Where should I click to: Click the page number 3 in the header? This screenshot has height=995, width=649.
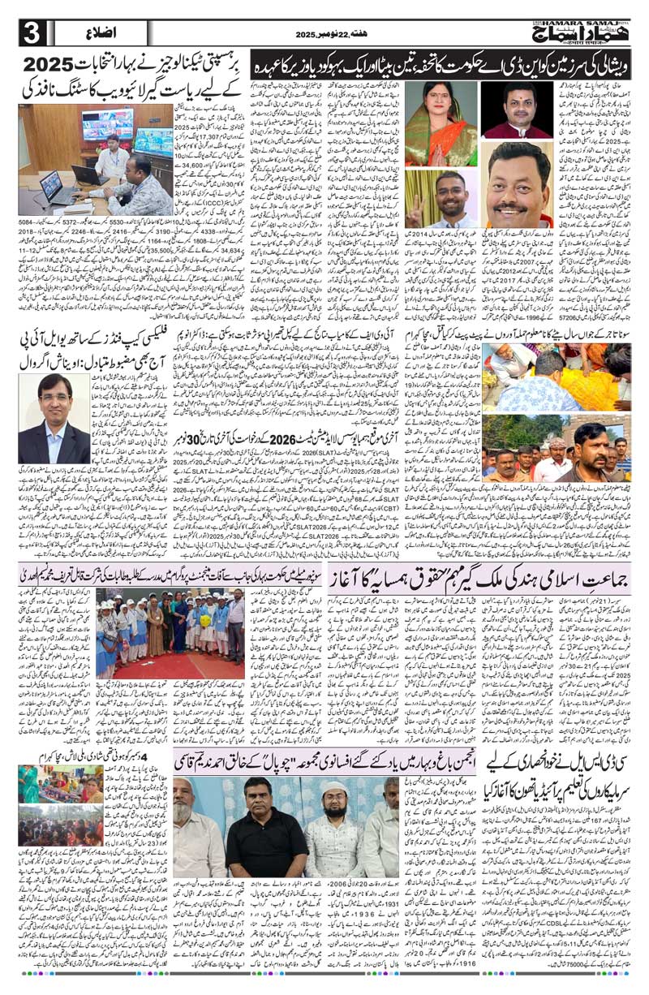pos(32,32)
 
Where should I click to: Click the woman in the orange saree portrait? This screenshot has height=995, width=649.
pos(441,122)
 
